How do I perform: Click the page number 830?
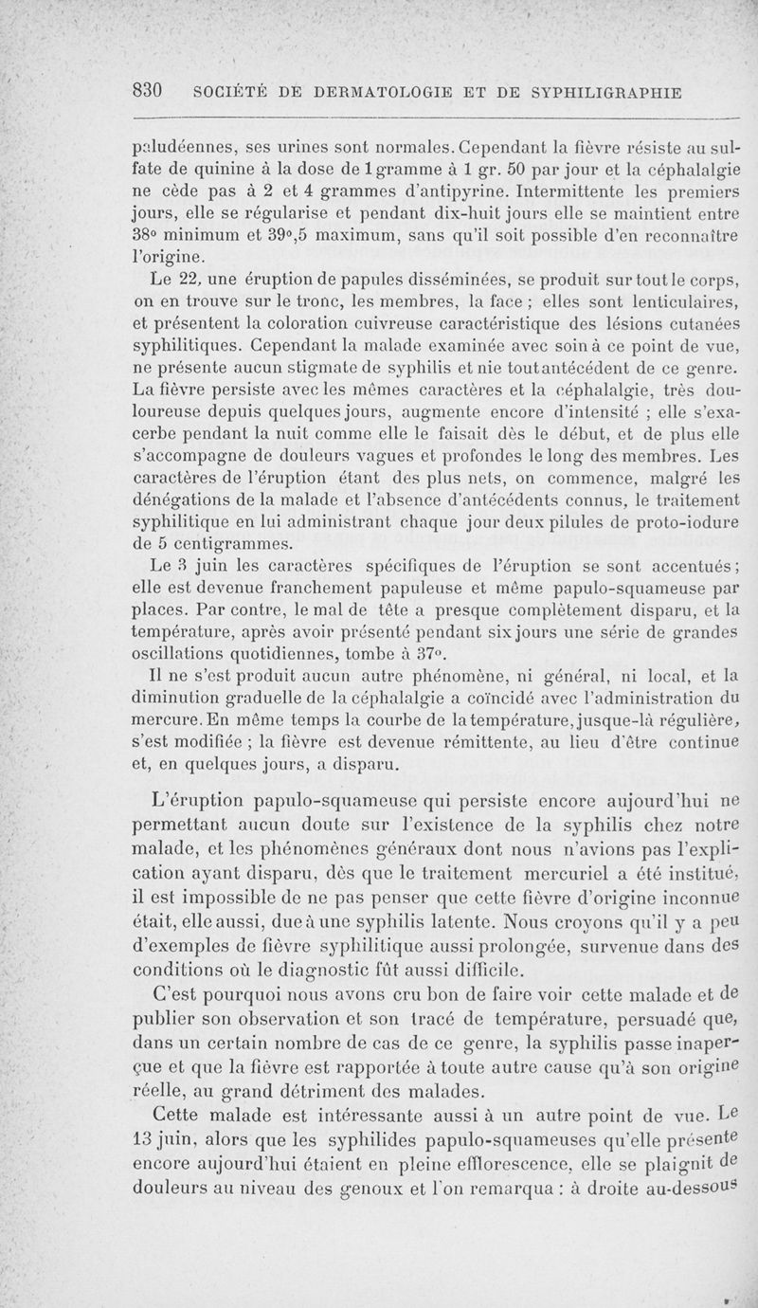[151, 92]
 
